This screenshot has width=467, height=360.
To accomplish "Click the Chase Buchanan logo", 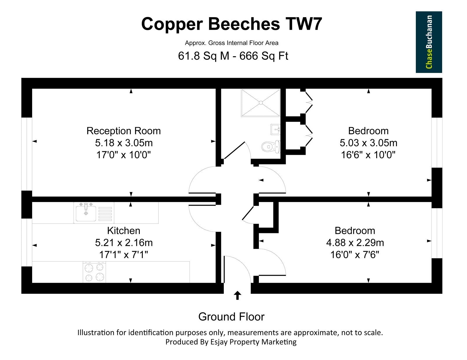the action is pyautogui.click(x=429, y=42).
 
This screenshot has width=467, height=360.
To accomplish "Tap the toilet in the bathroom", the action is pyautogui.click(x=271, y=147).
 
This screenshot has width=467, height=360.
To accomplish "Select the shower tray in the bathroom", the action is pyautogui.click(x=261, y=103).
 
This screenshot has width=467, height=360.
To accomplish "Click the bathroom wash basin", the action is pyautogui.click(x=276, y=129).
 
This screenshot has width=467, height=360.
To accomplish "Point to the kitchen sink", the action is pyautogui.click(x=86, y=213).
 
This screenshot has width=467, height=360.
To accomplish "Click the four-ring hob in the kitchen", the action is pyautogui.click(x=94, y=272).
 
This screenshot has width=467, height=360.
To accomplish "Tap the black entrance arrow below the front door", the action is pyautogui.click(x=237, y=295).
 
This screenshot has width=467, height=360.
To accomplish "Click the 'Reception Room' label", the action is pyautogui.click(x=123, y=131).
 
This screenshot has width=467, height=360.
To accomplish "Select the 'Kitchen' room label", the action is pyautogui.click(x=123, y=231).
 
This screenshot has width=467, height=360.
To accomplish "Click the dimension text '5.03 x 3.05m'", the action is pyautogui.click(x=368, y=143).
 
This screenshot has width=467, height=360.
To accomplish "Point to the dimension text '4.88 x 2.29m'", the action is pyautogui.click(x=355, y=243).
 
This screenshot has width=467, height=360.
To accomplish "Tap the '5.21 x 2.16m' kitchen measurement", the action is pyautogui.click(x=124, y=243).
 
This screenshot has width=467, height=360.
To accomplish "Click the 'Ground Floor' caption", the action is pyautogui.click(x=231, y=316).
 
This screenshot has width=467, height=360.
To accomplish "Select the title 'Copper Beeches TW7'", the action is pyautogui.click(x=231, y=24).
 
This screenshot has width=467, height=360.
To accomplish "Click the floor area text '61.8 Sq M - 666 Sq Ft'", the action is pyautogui.click(x=233, y=56).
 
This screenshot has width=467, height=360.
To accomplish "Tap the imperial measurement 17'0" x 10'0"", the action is pyautogui.click(x=123, y=155).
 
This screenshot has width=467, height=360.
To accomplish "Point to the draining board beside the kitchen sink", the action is pyautogui.click(x=105, y=214).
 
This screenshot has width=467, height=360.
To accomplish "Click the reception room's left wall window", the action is pyautogui.click(x=27, y=154).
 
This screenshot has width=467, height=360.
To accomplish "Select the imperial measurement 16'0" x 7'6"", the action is pyautogui.click(x=355, y=255).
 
